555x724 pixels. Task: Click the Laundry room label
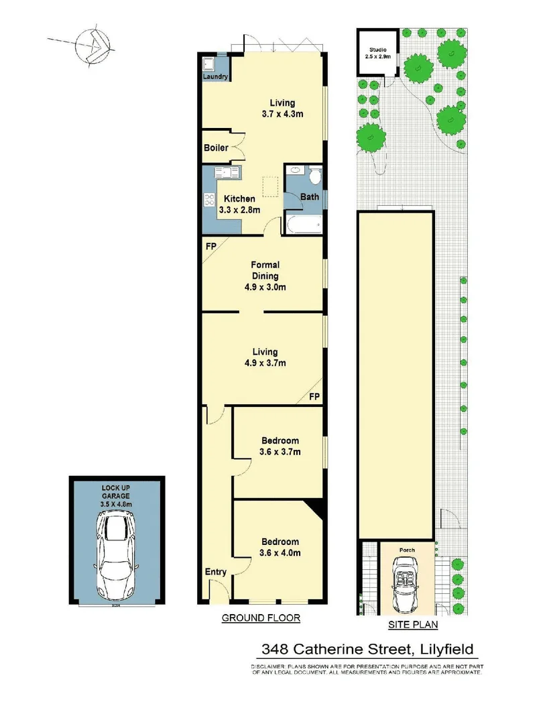click(x=217, y=77)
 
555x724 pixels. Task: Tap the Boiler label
click(x=216, y=147)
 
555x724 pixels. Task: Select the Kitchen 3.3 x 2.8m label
click(x=239, y=204)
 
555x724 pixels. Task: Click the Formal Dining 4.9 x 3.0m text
click(x=265, y=276)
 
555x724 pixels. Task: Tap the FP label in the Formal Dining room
click(x=210, y=246)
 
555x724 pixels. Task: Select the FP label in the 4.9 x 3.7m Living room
click(x=314, y=398)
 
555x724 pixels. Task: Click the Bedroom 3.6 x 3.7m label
click(x=280, y=446)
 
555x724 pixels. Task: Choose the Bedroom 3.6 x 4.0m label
click(x=280, y=547)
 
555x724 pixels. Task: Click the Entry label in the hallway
click(x=216, y=572)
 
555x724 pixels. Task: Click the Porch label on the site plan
click(x=407, y=550)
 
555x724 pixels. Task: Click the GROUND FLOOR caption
click(x=261, y=617)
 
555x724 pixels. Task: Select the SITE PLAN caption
click(x=413, y=625)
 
